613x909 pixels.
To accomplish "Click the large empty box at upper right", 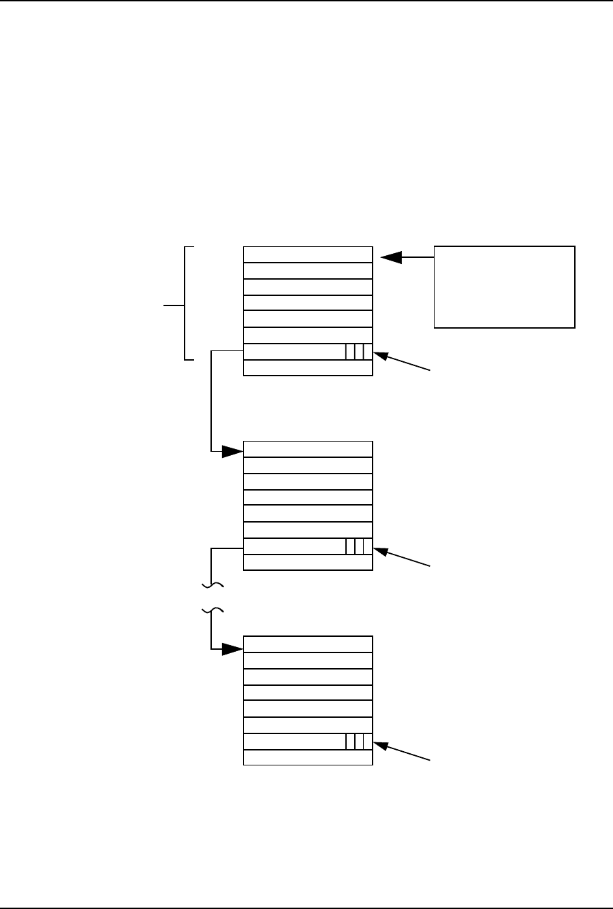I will (505, 287).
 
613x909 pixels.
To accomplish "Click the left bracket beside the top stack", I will (185, 303).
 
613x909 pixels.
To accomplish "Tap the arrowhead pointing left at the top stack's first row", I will (391, 257).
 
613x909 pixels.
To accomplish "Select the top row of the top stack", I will (308, 254).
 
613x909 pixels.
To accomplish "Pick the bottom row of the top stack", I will (308, 368).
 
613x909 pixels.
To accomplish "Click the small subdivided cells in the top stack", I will (359, 352).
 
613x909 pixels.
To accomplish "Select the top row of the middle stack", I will (308, 449).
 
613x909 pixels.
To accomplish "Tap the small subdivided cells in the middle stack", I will (359, 546).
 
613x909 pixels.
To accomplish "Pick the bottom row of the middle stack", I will (308, 562).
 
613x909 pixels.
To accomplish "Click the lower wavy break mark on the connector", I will (213, 610).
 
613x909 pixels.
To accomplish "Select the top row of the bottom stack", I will (308, 644).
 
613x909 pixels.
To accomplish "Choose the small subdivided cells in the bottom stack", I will (359, 742).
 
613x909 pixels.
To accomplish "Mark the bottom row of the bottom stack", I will (308, 757).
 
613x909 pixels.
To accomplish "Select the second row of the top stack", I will (308, 271).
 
